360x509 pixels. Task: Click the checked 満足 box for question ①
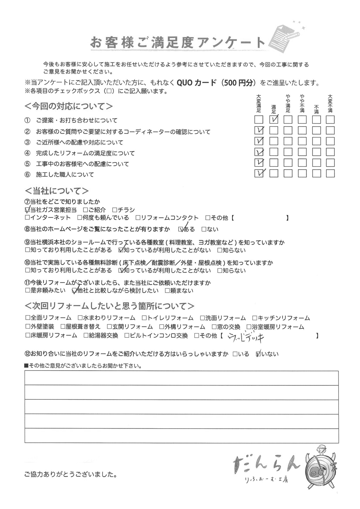click(274, 119)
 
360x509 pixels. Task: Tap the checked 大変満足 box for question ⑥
click(259, 173)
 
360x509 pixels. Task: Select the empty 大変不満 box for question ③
click(330, 141)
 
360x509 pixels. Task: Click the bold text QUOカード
click(196, 83)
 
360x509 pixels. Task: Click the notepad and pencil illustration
click(285, 35)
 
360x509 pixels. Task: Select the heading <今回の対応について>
click(69, 106)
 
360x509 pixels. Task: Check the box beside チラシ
click(114, 210)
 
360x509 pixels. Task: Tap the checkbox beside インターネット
click(27, 218)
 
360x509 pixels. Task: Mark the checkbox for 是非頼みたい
click(27, 291)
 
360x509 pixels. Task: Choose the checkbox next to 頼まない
click(167, 291)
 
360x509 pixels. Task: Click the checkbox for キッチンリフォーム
click(255, 318)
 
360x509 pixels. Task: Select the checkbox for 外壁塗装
click(27, 327)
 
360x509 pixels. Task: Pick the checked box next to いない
click(259, 354)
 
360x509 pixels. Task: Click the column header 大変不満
click(330, 103)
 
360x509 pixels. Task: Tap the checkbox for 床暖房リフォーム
click(27, 336)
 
